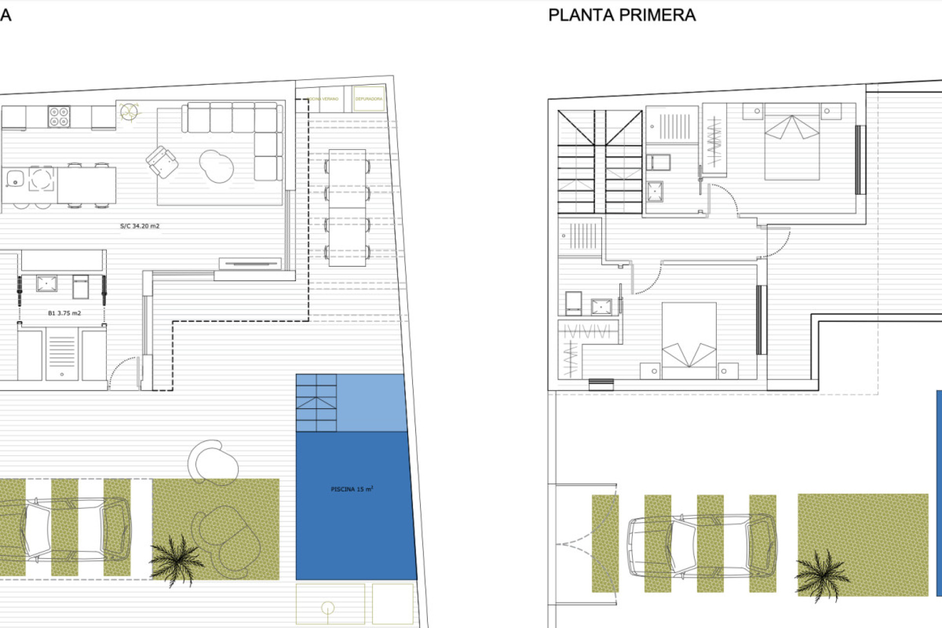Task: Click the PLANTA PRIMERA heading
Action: (x=622, y=15)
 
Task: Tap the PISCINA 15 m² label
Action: (x=352, y=489)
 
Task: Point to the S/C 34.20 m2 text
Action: (x=140, y=226)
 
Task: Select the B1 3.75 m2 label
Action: (x=64, y=313)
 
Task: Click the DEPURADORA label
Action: (x=369, y=99)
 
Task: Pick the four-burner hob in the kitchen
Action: (x=59, y=117)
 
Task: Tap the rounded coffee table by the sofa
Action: (x=217, y=166)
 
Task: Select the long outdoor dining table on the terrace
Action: (x=347, y=208)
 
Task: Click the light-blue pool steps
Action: (x=316, y=403)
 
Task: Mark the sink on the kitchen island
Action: (x=15, y=179)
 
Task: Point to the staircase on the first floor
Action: (x=600, y=162)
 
